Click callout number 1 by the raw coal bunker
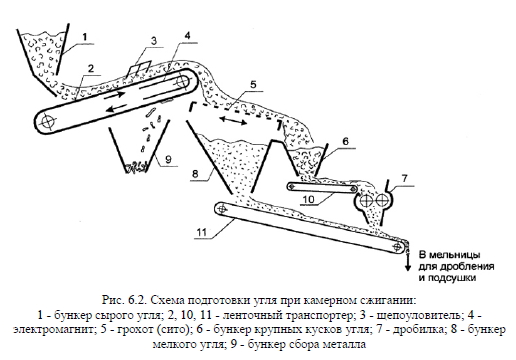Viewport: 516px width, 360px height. pyautogui.click(x=85, y=36)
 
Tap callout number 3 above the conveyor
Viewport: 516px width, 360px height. pyautogui.click(x=154, y=41)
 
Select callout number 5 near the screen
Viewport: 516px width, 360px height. pyautogui.click(x=253, y=84)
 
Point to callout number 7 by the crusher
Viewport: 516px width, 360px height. pyautogui.click(x=404, y=178)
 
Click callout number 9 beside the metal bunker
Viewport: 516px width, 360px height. pyautogui.click(x=168, y=159)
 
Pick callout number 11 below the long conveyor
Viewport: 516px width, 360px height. pyautogui.click(x=202, y=232)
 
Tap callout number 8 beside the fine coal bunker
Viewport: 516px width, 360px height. pyautogui.click(x=195, y=173)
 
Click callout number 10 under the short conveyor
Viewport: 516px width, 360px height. pyautogui.click(x=309, y=199)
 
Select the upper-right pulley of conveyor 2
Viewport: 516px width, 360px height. pyautogui.click(x=182, y=81)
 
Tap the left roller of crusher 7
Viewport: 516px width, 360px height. pyautogui.click(x=366, y=201)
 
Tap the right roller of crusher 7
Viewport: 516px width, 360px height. pyautogui.click(x=381, y=200)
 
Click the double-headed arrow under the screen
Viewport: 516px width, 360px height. pyautogui.click(x=233, y=121)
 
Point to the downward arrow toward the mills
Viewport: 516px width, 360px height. pyautogui.click(x=407, y=262)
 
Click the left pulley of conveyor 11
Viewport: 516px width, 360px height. pyautogui.click(x=221, y=209)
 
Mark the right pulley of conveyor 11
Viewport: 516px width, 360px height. pyautogui.click(x=397, y=247)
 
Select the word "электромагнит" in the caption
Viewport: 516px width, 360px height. pyautogui.click(x=52, y=330)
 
